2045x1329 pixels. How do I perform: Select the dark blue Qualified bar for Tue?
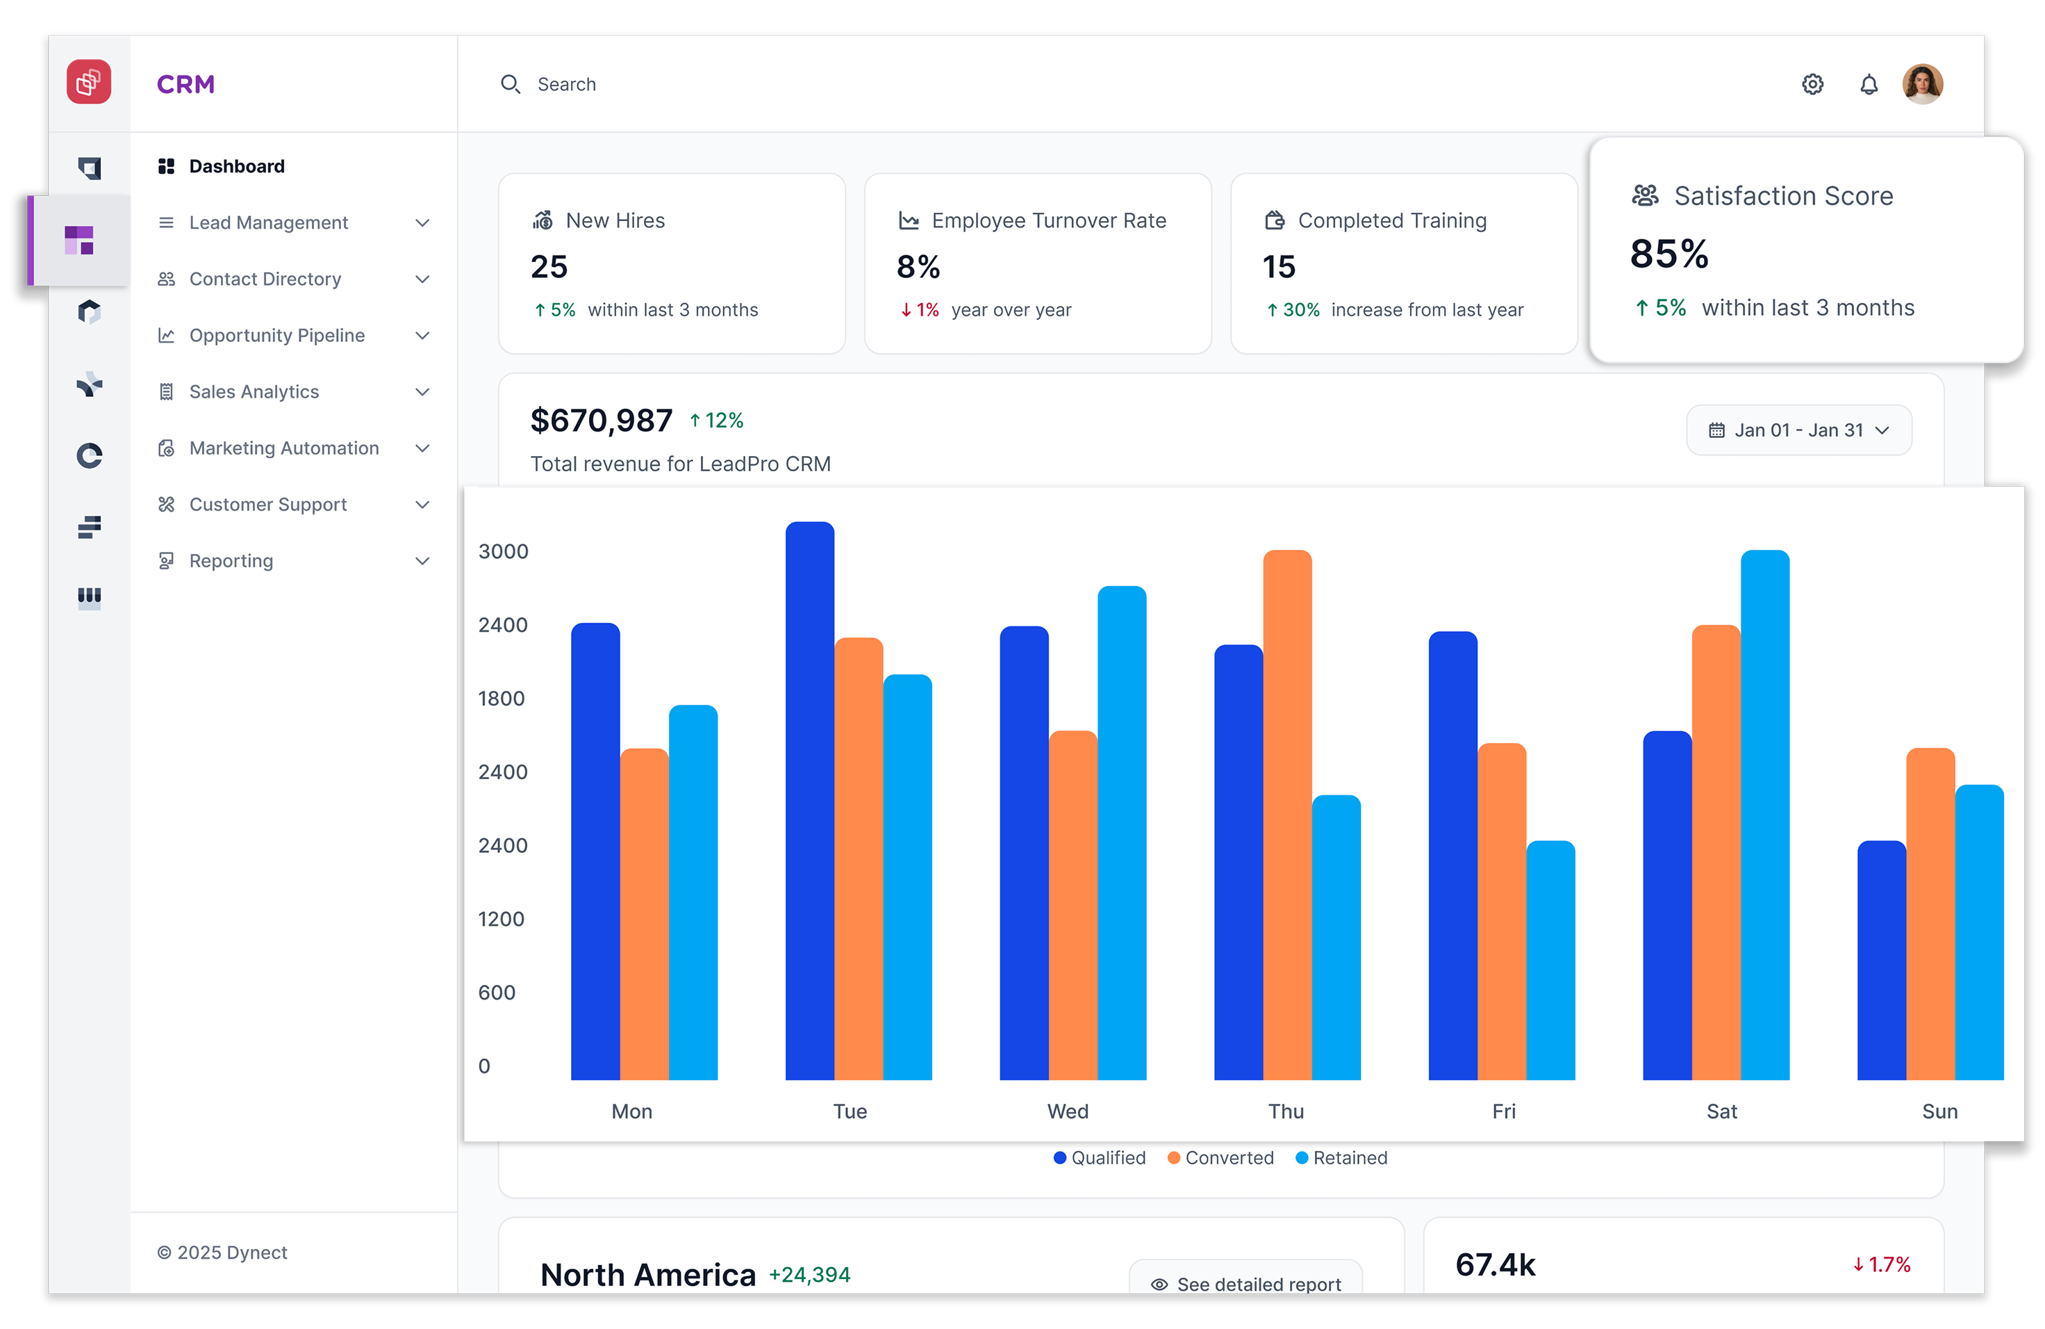tap(809, 800)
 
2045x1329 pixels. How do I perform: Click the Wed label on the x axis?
tap(1067, 1111)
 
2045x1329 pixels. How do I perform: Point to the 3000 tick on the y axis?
tap(503, 551)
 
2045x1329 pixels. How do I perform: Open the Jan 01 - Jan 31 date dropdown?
tap(1798, 430)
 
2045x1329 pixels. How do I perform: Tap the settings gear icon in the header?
tap(1812, 84)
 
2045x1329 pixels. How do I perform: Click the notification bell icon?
tap(1868, 84)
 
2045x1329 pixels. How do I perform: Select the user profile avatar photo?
tap(1922, 84)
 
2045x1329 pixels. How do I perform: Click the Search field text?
tap(566, 84)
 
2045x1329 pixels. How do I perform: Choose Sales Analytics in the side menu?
tap(254, 392)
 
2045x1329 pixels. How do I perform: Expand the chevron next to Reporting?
tap(422, 562)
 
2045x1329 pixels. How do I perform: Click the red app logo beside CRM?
tap(88, 83)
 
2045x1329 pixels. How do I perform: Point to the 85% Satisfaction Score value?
tap(1669, 254)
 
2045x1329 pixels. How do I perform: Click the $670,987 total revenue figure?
tap(601, 421)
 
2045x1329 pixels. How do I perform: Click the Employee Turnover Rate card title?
tap(1048, 221)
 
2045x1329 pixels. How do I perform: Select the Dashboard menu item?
tap(236, 167)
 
